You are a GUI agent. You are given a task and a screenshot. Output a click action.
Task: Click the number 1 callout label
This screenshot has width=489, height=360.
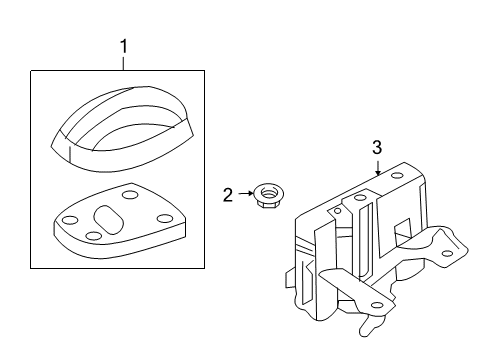coord(124,46)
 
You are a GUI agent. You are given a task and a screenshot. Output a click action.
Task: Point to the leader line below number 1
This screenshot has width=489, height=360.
coord(124,63)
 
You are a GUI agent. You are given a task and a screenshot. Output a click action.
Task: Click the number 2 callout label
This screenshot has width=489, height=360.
coord(228,194)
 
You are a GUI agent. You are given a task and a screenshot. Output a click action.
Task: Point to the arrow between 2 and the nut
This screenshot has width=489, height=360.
coord(244,193)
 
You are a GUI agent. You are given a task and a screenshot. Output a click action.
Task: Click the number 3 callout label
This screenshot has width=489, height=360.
coord(377,148)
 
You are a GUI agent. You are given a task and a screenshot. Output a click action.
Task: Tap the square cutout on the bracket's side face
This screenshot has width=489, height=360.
coord(400,228)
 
